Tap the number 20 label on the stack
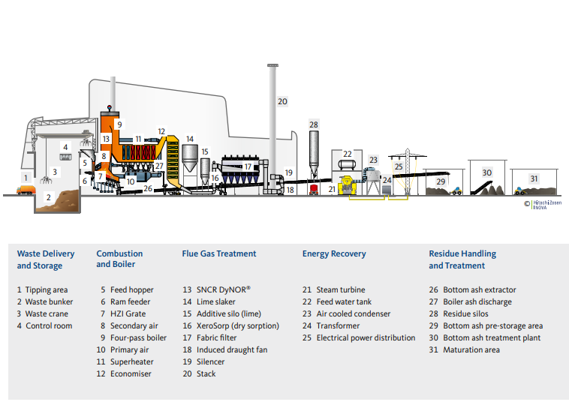pos(282,101)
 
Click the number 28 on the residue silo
pos(314,124)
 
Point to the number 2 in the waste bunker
pos(48,197)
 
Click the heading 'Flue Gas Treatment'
pos(219,253)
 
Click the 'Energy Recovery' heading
pos(334,253)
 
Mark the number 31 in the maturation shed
pos(534,178)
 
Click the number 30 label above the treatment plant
pos(486,172)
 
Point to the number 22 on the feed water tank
pos(347,154)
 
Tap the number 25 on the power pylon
pos(399,166)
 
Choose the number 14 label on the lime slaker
pos(190,139)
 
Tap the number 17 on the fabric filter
pos(248,166)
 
